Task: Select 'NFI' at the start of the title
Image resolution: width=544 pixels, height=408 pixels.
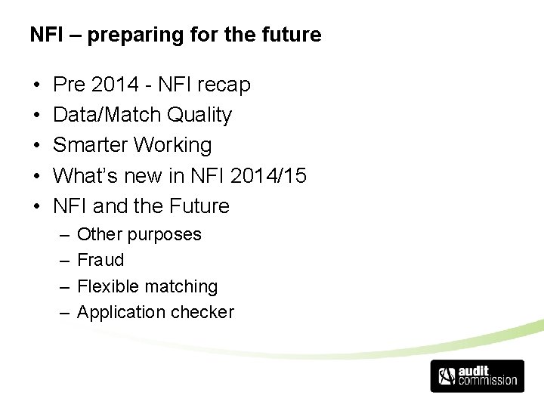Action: [44, 35]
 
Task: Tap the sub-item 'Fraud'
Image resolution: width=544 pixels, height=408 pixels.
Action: [100, 260]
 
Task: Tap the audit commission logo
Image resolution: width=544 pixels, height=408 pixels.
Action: [477, 376]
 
